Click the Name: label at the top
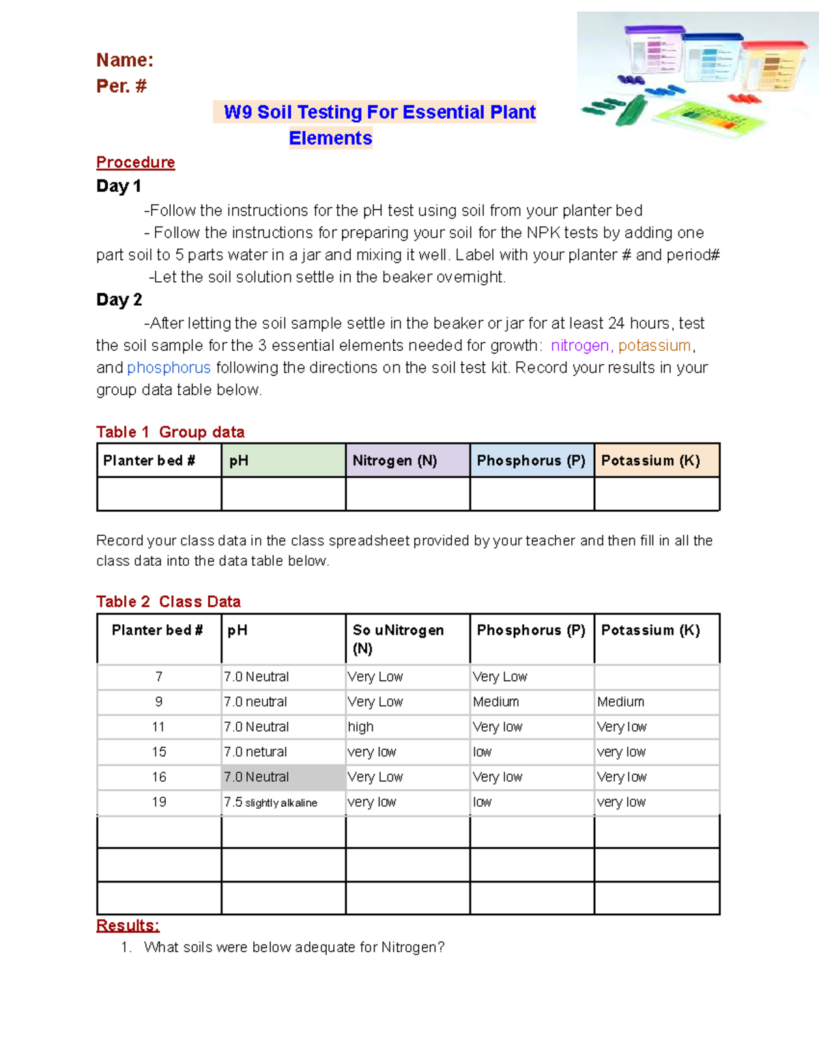125,60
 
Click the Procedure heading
135,162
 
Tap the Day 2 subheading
119,300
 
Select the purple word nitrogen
579,345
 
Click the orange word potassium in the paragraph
655,345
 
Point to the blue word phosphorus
169,368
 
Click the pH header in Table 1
239,461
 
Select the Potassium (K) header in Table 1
650,461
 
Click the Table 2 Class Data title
168,601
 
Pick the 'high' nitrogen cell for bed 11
360,727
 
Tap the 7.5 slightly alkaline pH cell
270,802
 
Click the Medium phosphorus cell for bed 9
496,702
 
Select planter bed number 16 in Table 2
159,777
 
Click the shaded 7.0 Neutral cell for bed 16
257,777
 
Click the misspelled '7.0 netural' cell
255,751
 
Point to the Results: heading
128,926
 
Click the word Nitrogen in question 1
412,947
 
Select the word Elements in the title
330,138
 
